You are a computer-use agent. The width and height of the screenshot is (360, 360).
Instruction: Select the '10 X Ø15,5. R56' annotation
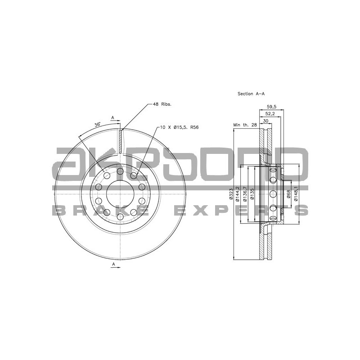tap(180, 127)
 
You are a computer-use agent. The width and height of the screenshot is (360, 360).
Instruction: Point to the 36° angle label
tap(97, 124)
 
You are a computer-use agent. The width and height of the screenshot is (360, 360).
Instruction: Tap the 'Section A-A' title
tap(251, 94)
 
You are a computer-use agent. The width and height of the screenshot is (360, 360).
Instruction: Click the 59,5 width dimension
tap(271, 107)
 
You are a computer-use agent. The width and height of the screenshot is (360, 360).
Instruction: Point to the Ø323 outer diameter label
tap(230, 194)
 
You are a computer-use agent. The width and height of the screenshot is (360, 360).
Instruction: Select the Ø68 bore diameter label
tap(288, 193)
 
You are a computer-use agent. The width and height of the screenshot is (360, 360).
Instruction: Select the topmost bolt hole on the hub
tap(120, 171)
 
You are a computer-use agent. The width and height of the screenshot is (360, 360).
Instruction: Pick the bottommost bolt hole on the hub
tap(120, 217)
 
